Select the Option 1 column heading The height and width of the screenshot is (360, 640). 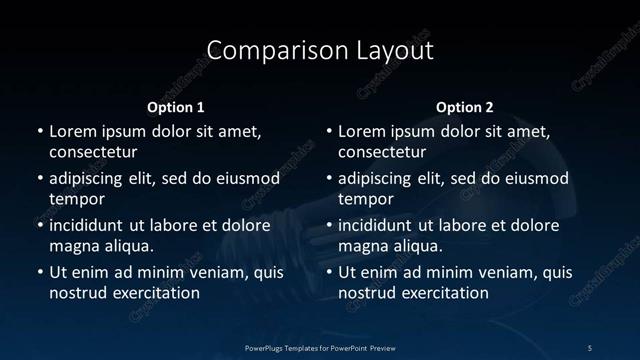[176, 106]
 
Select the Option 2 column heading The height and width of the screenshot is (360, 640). [465, 106]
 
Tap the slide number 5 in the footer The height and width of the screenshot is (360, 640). [590, 347]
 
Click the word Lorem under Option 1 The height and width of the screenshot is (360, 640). [74, 132]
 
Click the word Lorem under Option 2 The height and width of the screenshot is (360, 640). [364, 132]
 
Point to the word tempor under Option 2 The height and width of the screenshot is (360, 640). [367, 199]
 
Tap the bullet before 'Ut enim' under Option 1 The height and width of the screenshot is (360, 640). [39, 272]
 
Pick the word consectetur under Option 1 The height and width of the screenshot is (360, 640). [93, 153]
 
